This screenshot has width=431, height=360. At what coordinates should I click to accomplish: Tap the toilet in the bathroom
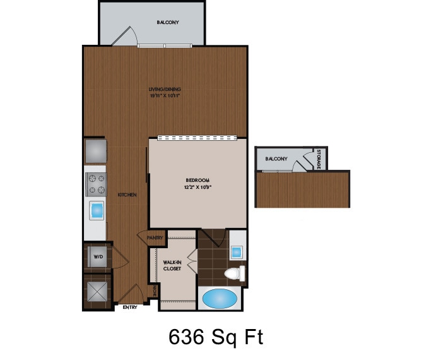pyautogui.click(x=235, y=273)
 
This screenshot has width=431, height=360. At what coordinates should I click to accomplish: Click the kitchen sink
pyautogui.click(x=97, y=210)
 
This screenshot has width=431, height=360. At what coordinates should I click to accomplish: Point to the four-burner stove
pyautogui.click(x=96, y=184)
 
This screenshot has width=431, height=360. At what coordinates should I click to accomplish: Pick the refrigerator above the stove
pyautogui.click(x=96, y=151)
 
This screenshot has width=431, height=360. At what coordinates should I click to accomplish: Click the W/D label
pyautogui.click(x=98, y=257)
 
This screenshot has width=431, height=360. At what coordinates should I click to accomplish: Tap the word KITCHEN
pyautogui.click(x=127, y=195)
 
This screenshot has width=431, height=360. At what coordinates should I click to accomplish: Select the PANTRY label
pyautogui.click(x=155, y=238)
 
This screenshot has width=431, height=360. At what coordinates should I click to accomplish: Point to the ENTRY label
pyautogui.click(x=131, y=308)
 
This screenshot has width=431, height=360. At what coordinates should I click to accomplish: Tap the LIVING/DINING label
pyautogui.click(x=162, y=90)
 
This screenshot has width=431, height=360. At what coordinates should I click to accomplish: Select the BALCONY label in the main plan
pyautogui.click(x=168, y=23)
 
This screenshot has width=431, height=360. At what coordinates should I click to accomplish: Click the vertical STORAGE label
pyautogui.click(x=319, y=159)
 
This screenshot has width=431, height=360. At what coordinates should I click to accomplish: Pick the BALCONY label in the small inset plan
pyautogui.click(x=276, y=159)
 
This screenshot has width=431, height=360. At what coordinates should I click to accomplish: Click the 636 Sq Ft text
pyautogui.click(x=215, y=337)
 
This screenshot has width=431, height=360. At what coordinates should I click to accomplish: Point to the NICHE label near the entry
pyautogui.click(x=154, y=292)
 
